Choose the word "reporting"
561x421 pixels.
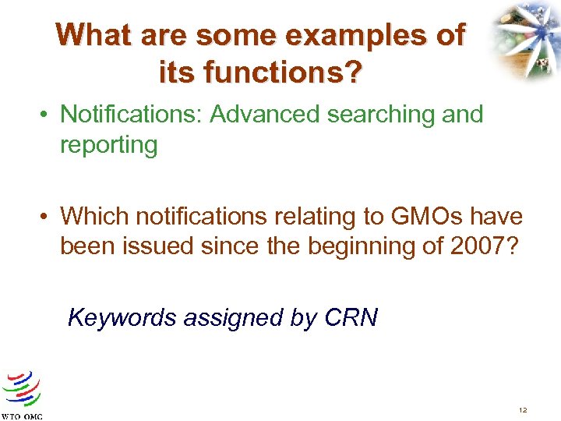[109, 146]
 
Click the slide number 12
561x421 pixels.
[521, 409]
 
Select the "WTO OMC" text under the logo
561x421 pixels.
[22, 416]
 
